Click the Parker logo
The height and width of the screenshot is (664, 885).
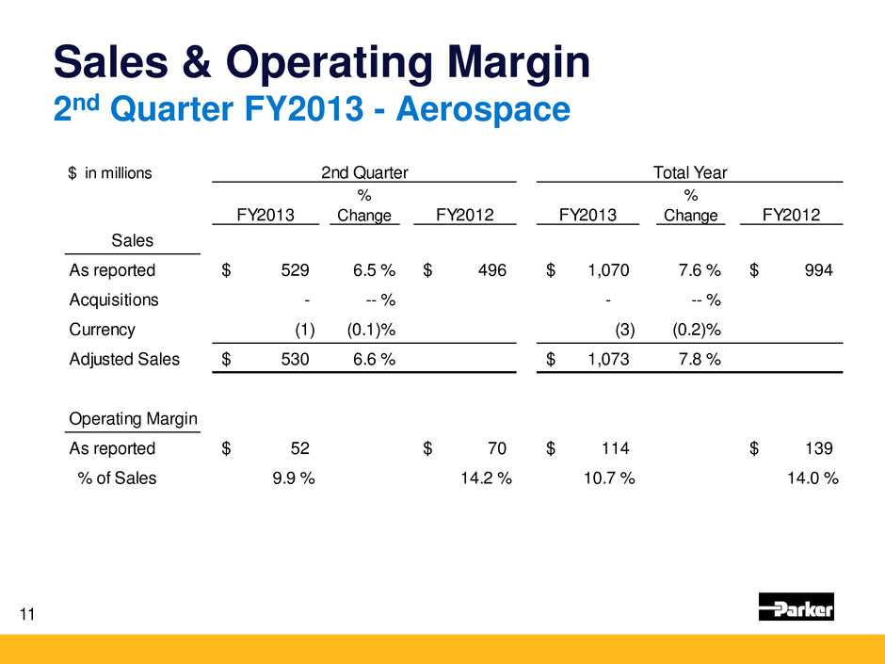(796, 607)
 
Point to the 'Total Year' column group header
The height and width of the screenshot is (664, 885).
(689, 172)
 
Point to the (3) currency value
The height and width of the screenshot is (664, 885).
(624, 330)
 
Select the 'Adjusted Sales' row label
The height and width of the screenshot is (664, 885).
(124, 359)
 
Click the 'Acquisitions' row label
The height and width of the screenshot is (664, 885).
(114, 300)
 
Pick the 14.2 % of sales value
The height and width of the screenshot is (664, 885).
(486, 478)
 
